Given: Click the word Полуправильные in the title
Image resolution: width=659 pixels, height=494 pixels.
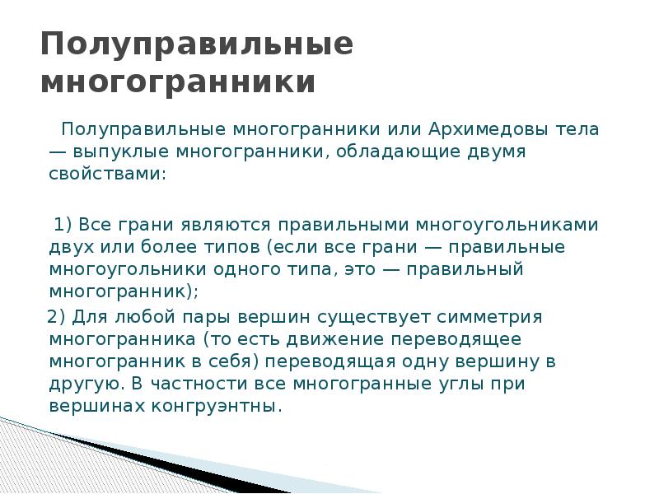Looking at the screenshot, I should click(x=197, y=44).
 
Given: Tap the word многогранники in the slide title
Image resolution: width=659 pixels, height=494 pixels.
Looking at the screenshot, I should click(x=178, y=83).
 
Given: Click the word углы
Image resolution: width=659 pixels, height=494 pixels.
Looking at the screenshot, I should click(x=473, y=384).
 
